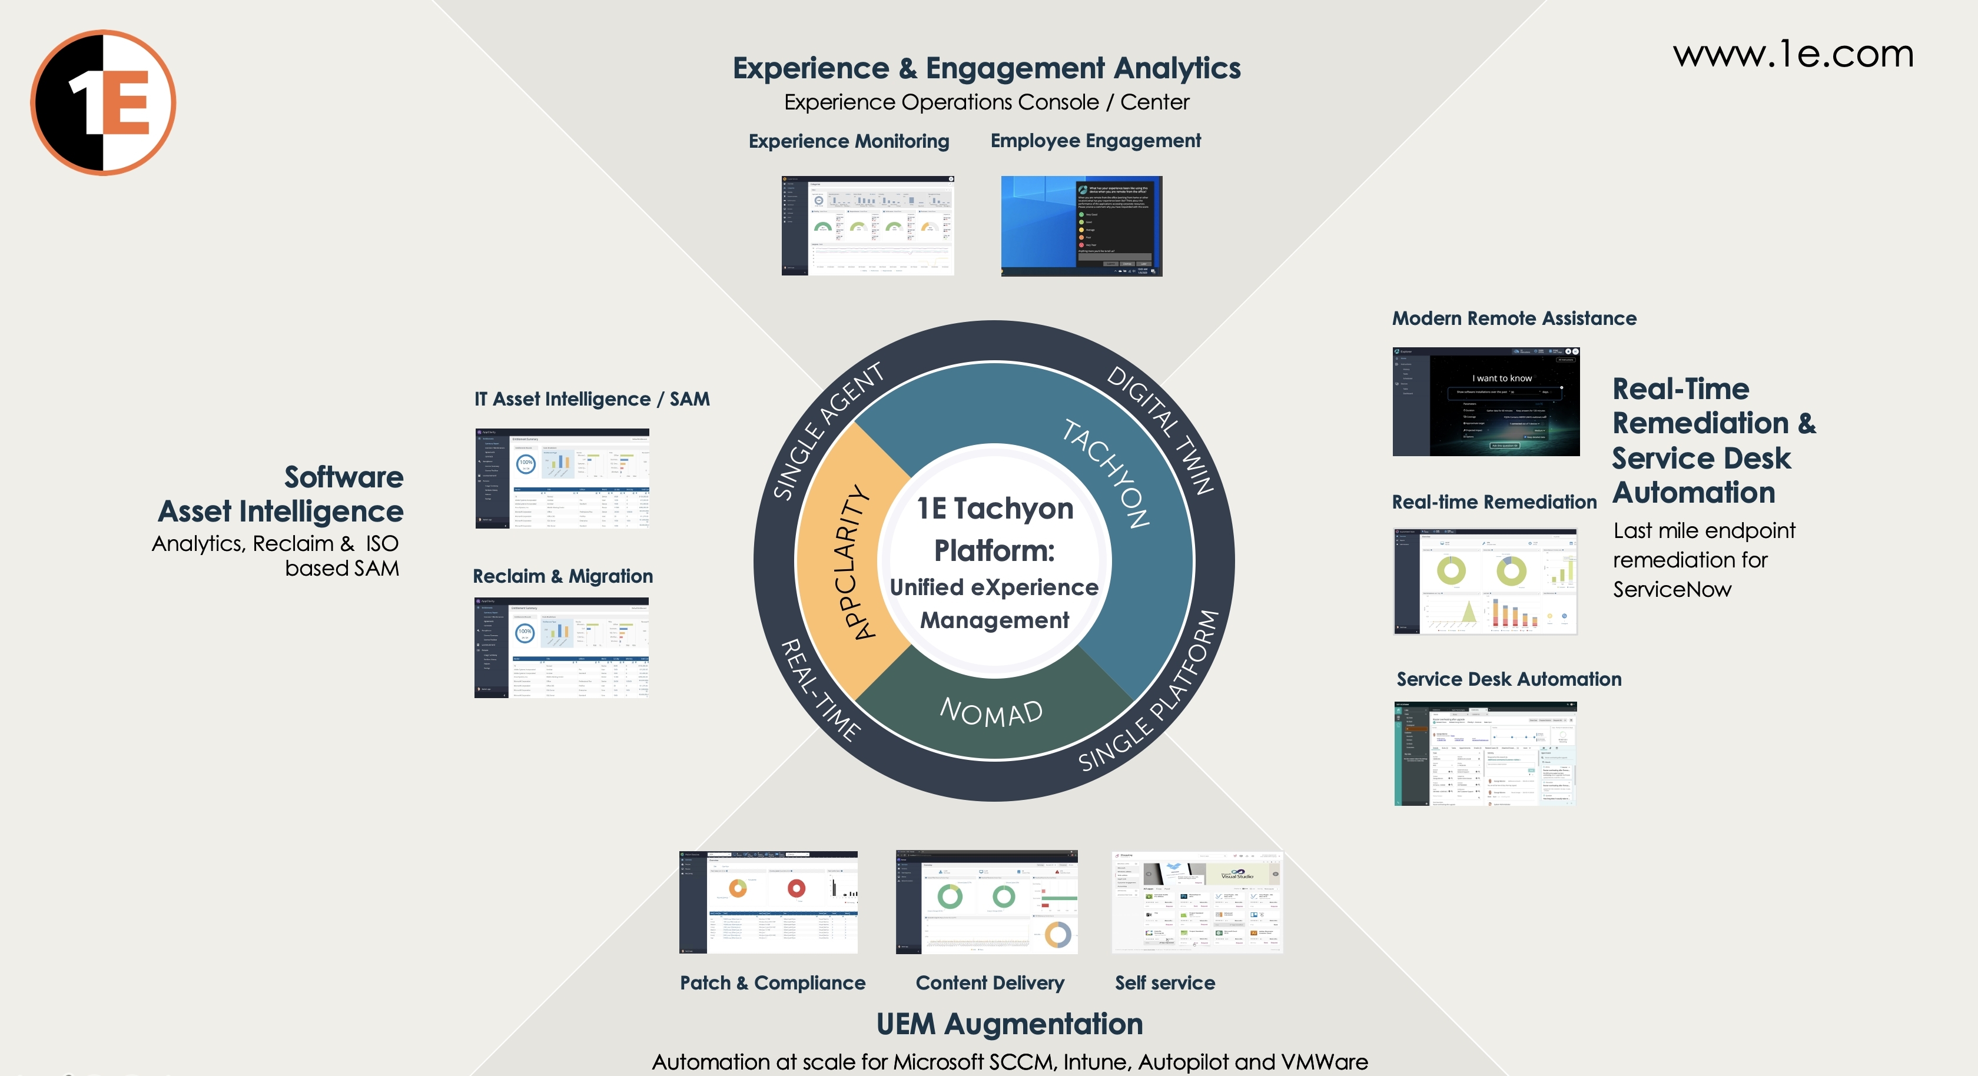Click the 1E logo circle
103,103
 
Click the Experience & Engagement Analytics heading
986,68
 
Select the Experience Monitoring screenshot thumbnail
868,226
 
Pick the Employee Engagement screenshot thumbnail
1081,226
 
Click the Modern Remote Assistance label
1514,318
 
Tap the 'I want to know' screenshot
1486,401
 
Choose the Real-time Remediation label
1494,502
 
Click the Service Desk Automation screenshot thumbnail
1485,753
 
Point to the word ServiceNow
1672,590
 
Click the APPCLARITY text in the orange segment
855,562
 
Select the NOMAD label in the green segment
991,713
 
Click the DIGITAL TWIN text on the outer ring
1160,429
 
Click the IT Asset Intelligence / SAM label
591,399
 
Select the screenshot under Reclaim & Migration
561,647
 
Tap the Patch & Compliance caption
772,983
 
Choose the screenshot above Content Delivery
986,902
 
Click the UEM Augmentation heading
1009,1024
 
